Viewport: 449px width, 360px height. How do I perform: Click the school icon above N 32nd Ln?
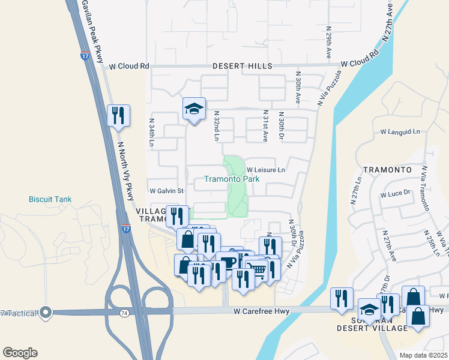[x=194, y=109]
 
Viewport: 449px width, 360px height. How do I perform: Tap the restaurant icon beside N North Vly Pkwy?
[x=118, y=115]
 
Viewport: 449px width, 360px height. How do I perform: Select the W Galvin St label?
[x=166, y=191]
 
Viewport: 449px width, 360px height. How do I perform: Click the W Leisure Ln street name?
[x=265, y=170]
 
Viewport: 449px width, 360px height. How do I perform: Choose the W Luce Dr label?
[x=395, y=193]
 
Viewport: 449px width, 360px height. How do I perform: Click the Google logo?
[x=20, y=352]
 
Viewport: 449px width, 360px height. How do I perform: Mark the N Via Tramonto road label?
[x=424, y=188]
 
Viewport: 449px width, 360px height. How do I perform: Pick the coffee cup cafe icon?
[x=228, y=262]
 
